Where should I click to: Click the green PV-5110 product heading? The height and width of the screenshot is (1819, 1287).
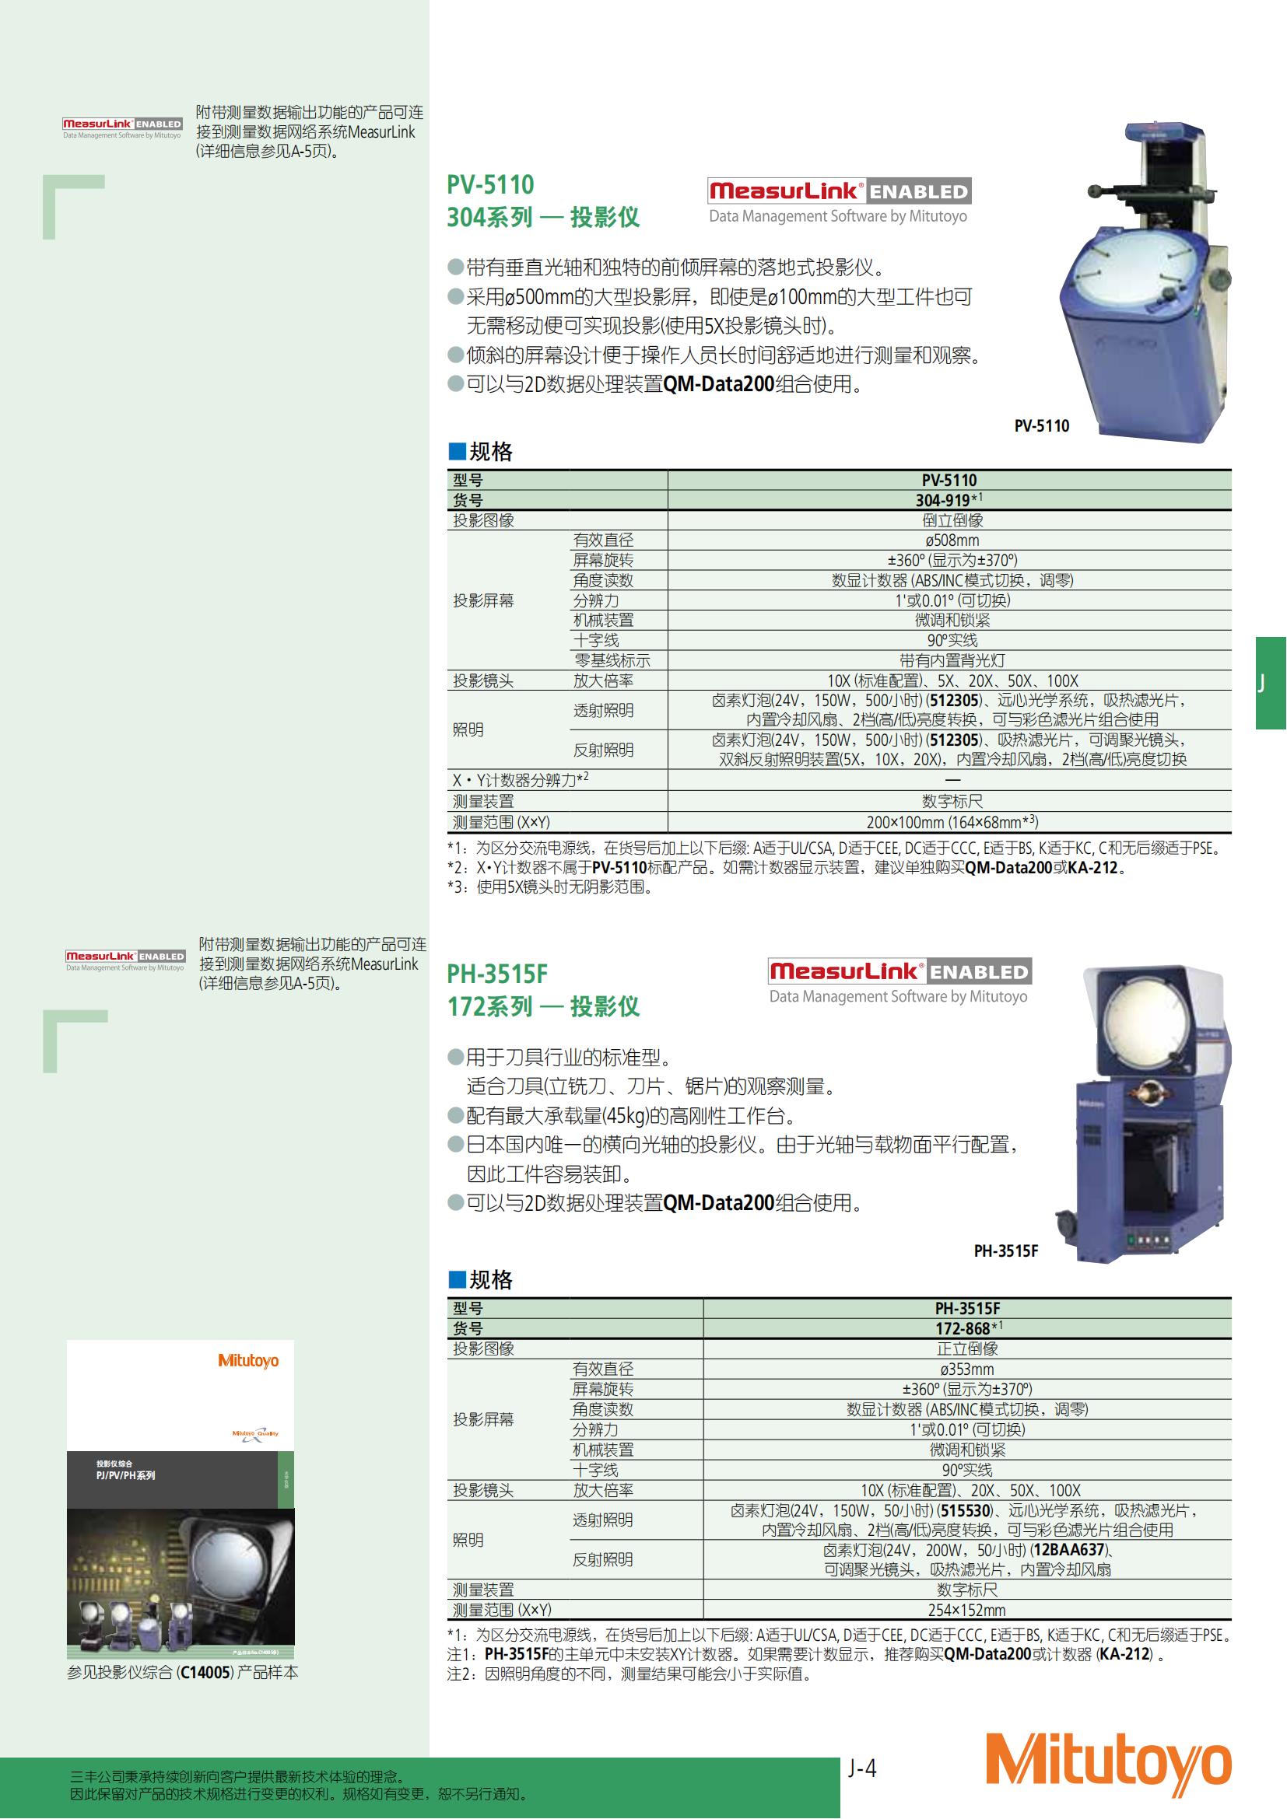490,184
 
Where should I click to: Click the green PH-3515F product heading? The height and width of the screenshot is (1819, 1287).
497,974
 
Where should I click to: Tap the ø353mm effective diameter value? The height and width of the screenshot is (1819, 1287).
966,1369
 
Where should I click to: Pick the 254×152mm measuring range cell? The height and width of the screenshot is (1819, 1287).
966,1610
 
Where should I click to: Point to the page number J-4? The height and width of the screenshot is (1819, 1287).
861,1768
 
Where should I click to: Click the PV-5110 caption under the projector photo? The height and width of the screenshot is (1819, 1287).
1041,426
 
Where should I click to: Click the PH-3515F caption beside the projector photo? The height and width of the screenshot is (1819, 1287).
1005,1251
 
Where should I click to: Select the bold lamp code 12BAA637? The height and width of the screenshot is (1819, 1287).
1068,1550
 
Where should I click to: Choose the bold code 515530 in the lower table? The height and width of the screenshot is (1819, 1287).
964,1510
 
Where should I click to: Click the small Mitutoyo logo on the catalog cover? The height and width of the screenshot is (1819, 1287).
248,1360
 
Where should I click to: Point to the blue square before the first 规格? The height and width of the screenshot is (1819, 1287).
457,452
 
